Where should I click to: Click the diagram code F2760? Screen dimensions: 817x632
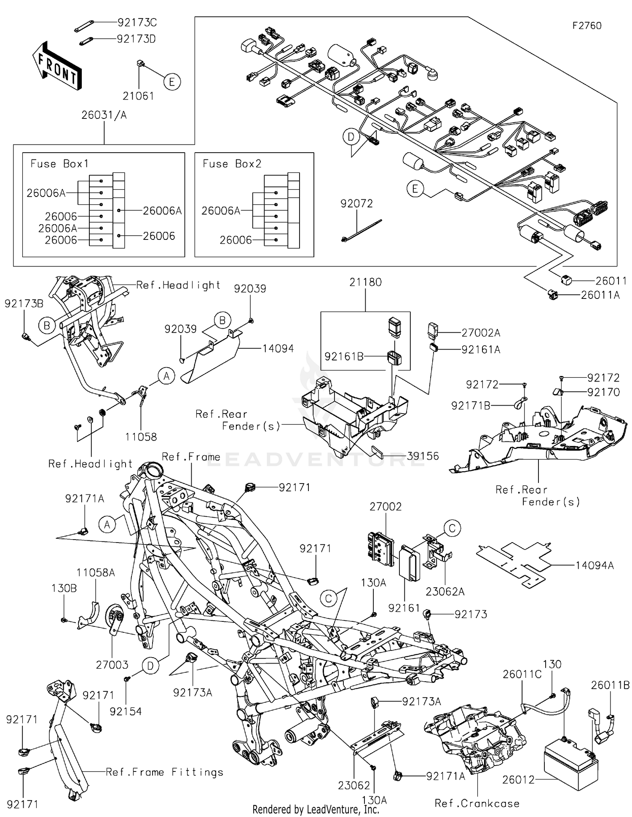586,26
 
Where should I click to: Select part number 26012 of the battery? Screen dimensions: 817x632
518,779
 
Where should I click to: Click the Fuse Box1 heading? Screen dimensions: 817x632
59,164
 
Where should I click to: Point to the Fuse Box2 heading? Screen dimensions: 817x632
232,164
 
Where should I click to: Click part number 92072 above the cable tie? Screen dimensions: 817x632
356,204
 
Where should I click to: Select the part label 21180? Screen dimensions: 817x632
365,282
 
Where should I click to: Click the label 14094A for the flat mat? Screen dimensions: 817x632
595,565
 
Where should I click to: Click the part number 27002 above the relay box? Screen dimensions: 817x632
386,506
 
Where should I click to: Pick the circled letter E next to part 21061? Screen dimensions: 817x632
171,81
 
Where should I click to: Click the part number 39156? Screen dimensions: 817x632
423,456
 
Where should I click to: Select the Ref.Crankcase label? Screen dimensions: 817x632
477,804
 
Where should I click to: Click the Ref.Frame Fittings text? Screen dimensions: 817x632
164,772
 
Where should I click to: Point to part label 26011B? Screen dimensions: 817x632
610,685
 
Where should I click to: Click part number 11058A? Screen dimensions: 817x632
96,572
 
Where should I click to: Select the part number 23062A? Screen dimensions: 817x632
445,591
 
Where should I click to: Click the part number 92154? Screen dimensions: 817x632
126,711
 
